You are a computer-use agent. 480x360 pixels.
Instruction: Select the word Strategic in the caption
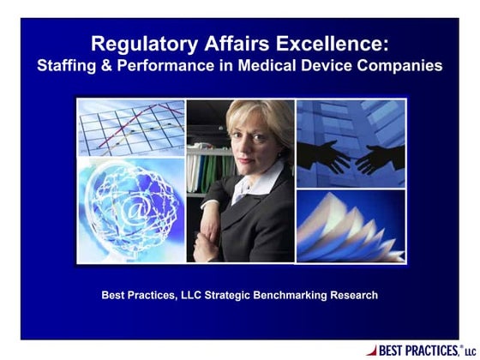[225, 296]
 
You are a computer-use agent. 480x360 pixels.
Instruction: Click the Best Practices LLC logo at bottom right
[420, 350]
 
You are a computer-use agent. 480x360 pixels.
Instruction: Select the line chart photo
[131, 128]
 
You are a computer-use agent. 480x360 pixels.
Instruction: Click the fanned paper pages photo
[351, 227]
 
